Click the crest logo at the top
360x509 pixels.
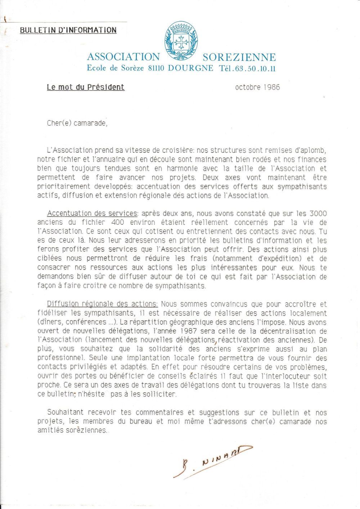point(181,40)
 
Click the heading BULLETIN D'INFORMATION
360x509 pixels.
point(68,30)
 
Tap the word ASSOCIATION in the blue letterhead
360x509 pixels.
point(123,57)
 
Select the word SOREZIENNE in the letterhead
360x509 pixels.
point(239,57)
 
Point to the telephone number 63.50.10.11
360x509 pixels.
point(257,68)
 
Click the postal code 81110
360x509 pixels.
point(156,68)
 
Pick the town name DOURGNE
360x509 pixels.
point(190,68)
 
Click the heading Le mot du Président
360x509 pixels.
point(86,87)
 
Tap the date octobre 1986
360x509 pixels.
point(257,87)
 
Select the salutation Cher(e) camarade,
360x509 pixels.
point(77,123)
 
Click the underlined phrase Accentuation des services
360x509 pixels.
point(92,213)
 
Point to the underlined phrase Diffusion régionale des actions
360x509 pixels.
point(103,304)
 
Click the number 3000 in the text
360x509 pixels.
point(318,213)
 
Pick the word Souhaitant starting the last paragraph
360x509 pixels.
point(65,412)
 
